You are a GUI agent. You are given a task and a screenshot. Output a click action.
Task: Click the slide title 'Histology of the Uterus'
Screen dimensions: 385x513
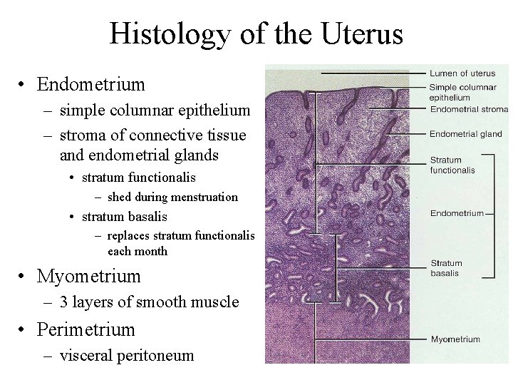tap(256, 34)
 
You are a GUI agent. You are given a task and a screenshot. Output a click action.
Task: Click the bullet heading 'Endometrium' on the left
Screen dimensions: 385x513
tap(90, 85)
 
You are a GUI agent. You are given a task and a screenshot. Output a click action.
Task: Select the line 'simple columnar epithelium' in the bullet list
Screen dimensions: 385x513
tap(155, 111)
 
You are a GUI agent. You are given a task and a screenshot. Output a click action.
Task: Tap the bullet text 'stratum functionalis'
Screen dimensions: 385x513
tap(138, 176)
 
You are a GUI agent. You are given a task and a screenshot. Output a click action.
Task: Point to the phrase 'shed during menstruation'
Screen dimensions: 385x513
tap(172, 197)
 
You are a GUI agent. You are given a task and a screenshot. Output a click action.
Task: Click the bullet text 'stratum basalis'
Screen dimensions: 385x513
tap(124, 216)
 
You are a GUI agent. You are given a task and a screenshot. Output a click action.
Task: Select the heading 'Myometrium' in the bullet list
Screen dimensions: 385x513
tap(88, 276)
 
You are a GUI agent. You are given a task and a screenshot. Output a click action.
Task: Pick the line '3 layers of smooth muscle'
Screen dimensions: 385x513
tap(149, 302)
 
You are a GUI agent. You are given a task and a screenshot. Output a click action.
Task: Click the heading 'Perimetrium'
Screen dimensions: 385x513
tap(85, 329)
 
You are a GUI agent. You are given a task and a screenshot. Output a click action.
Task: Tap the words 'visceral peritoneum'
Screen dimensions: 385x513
tap(127, 355)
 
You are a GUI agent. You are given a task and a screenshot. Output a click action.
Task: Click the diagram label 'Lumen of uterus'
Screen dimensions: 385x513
tap(462, 73)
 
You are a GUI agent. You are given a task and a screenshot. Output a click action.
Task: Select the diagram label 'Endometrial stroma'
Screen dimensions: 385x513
tap(469, 109)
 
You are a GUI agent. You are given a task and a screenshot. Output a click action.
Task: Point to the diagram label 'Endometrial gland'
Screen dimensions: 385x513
tap(466, 133)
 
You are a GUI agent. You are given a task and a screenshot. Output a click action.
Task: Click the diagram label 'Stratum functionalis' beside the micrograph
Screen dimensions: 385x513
tap(452, 165)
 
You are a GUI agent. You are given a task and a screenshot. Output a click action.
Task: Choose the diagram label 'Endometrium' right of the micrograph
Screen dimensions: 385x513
tap(457, 212)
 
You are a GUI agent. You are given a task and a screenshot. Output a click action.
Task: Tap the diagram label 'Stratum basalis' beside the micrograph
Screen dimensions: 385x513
tap(447, 268)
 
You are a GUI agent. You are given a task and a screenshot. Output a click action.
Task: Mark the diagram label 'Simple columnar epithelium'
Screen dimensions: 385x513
tap(457, 92)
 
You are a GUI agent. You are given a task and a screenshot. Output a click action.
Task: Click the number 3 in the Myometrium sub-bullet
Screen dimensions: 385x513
tap(64, 302)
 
